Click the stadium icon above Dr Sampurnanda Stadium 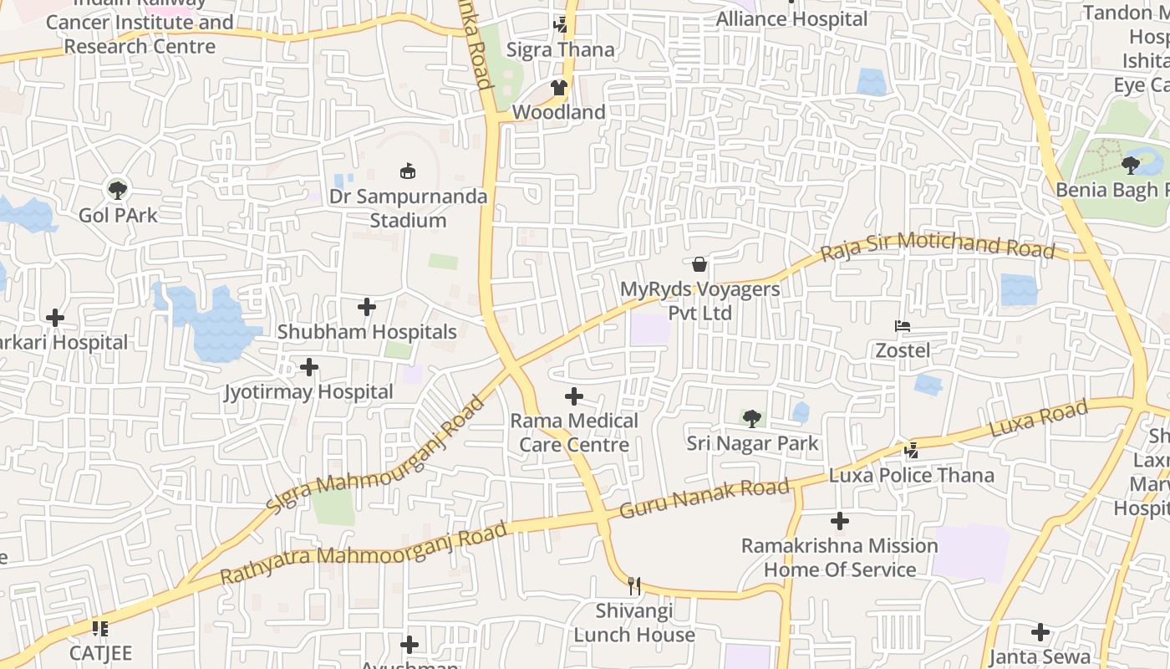[407, 171]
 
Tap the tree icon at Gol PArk [118, 190]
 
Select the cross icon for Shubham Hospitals [367, 307]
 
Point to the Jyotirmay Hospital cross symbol [309, 366]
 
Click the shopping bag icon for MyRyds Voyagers [699, 264]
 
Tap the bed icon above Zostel [902, 325]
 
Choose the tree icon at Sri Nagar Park [752, 418]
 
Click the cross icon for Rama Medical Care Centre [574, 396]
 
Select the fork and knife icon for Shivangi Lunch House [634, 585]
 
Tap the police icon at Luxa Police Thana [911, 451]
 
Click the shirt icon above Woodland [558, 88]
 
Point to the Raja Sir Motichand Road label [937, 247]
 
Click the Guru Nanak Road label [705, 498]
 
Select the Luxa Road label [1039, 418]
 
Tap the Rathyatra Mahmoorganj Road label [364, 553]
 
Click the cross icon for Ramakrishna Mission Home [840, 521]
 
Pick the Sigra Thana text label [561, 50]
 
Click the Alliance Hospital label [792, 18]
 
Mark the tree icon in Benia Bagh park [1131, 165]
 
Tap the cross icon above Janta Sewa [1040, 632]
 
